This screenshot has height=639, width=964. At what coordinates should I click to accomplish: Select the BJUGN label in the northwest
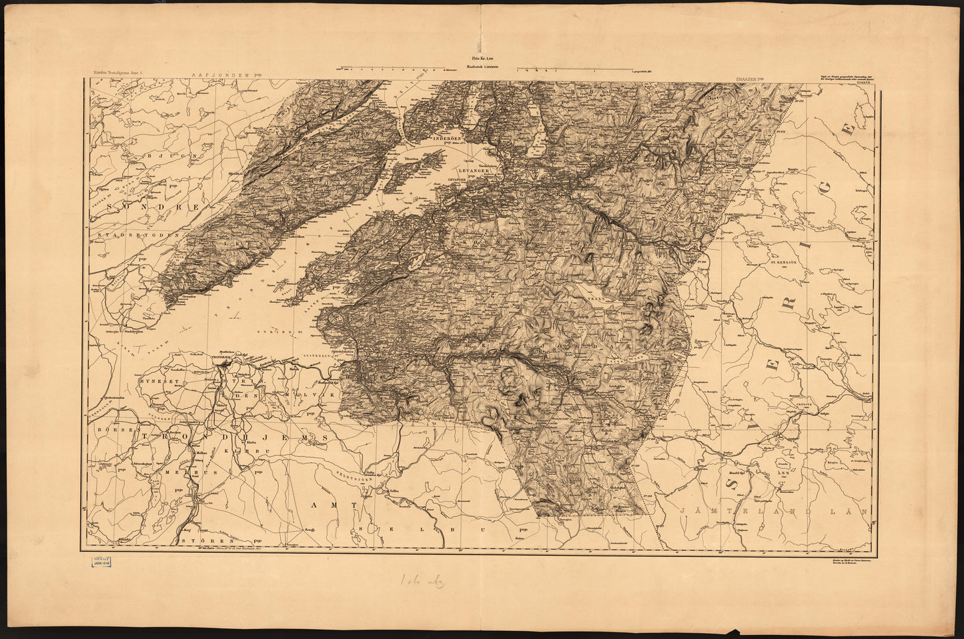tap(187, 158)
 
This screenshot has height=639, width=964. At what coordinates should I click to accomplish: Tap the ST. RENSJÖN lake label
tap(789, 263)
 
